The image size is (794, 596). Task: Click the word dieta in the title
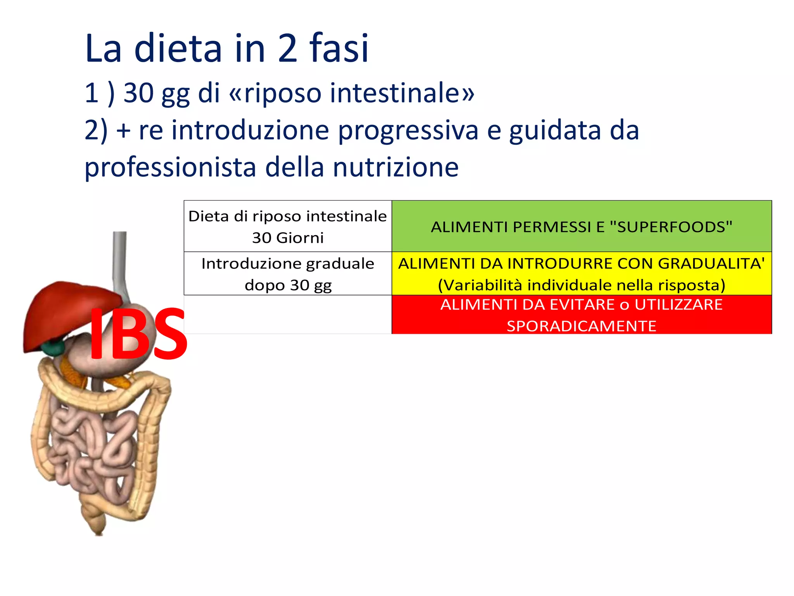(178, 48)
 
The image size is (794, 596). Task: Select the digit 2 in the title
(288, 48)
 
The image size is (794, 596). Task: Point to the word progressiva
(408, 131)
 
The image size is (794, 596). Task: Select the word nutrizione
(395, 168)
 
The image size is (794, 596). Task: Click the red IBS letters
(138, 334)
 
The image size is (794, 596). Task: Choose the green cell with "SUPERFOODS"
(582, 227)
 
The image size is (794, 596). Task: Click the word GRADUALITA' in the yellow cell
(711, 264)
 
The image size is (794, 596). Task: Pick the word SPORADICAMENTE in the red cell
(582, 326)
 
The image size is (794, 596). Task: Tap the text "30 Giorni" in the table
(288, 238)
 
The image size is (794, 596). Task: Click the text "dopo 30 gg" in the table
(288, 285)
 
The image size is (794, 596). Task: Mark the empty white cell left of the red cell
(288, 314)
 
